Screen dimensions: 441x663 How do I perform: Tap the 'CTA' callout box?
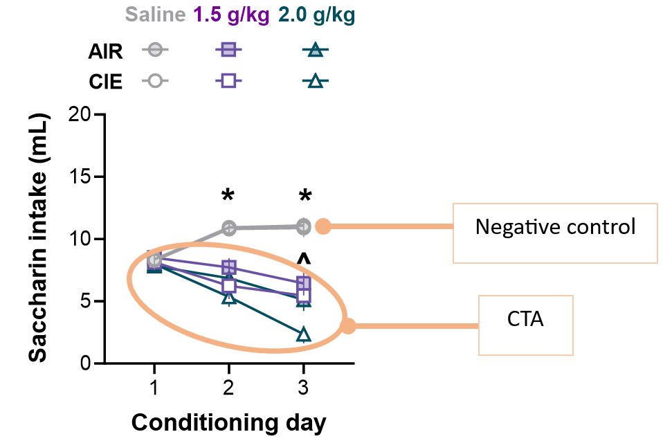pos(526,325)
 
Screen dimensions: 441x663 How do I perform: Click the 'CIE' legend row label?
pos(105,82)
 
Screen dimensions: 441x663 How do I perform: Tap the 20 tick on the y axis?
pos(82,114)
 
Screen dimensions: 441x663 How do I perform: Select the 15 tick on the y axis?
pos(82,177)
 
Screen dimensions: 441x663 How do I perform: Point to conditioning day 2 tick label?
pos(228,386)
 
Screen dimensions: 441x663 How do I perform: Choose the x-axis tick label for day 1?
pos(154,386)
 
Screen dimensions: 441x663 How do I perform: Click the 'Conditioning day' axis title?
pos(229,421)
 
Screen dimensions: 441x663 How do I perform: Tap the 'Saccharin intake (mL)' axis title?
pos(39,239)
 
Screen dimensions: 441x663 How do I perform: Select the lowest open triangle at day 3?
pos(304,335)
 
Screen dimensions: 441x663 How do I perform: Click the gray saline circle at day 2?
pos(228,228)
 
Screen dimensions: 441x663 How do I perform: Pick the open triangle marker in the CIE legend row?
pos(315,82)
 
